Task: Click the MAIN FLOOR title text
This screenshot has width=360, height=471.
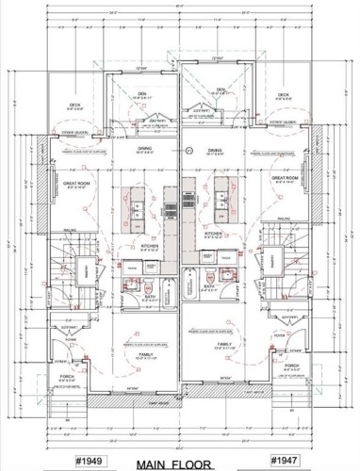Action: [180, 463]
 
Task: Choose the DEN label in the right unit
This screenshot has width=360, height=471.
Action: [221, 90]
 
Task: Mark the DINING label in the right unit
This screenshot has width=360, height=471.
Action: [216, 150]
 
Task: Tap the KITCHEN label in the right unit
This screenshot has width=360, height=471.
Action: [214, 232]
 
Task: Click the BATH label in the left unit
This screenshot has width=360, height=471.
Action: [149, 296]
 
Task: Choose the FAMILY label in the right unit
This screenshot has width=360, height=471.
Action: [223, 345]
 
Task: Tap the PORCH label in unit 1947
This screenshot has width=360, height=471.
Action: [290, 366]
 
